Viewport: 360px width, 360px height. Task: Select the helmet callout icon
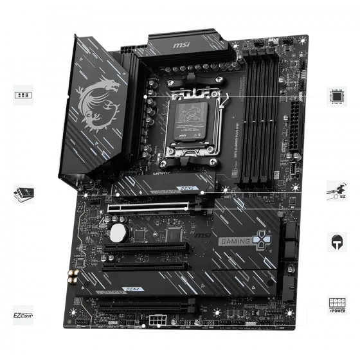(x=336, y=242)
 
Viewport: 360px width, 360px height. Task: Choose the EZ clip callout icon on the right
(x=336, y=189)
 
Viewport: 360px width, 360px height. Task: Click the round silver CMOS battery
(x=118, y=230)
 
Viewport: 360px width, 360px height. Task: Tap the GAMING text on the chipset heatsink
(x=235, y=242)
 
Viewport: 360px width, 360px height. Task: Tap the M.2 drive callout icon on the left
(x=22, y=191)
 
